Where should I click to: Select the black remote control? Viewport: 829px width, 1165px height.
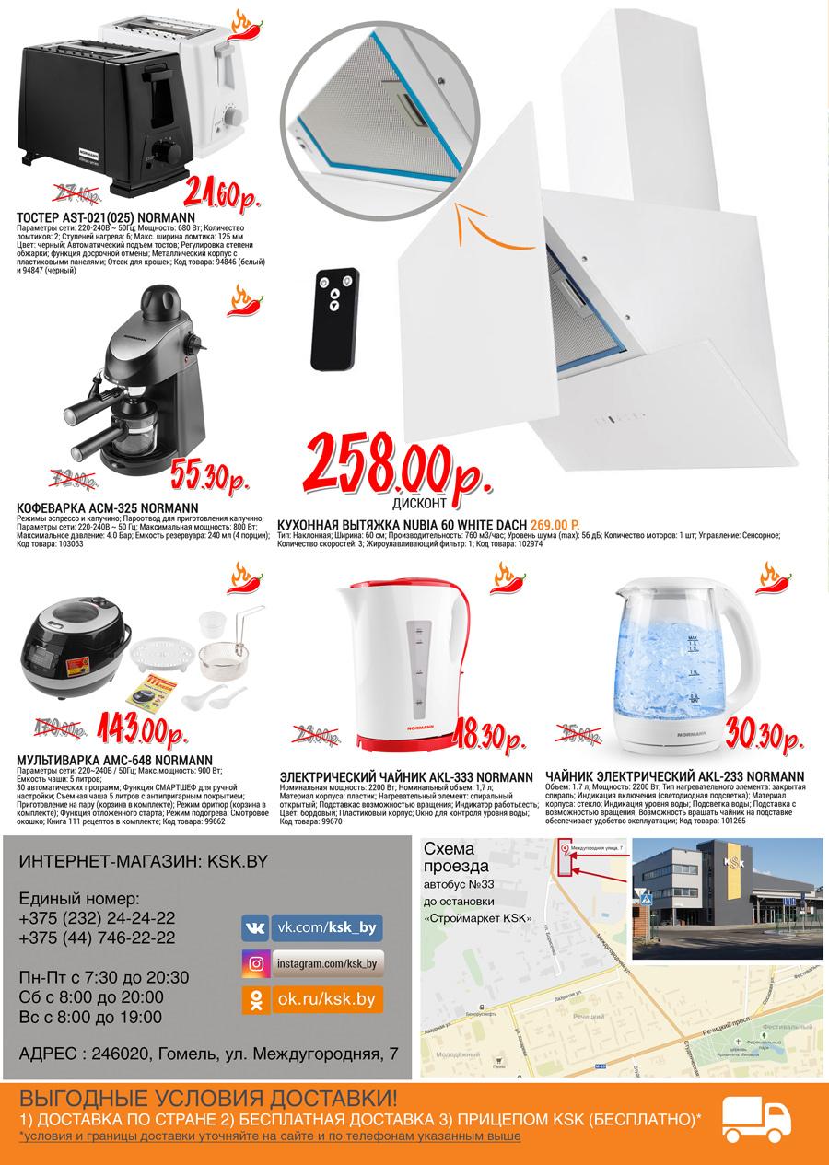(x=337, y=319)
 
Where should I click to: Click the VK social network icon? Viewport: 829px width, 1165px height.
(x=255, y=927)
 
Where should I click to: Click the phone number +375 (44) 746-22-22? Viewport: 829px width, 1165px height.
(x=97, y=938)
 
